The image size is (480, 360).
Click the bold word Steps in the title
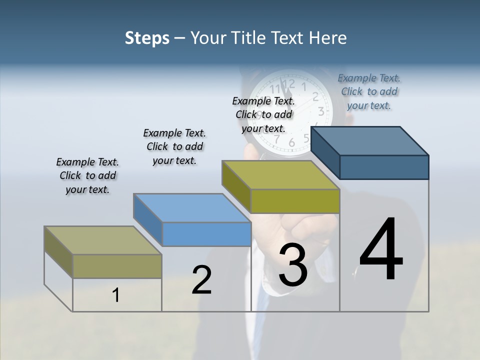(147, 38)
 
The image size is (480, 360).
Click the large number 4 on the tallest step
(381, 249)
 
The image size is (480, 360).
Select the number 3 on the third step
(293, 264)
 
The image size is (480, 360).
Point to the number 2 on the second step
(202, 280)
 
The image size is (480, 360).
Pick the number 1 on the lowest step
(116, 295)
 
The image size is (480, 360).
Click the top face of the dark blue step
(370, 141)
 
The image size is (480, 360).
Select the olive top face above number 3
(280, 175)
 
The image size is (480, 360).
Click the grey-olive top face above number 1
(103, 240)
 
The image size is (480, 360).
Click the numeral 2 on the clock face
(315, 97)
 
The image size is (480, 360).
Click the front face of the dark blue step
(384, 167)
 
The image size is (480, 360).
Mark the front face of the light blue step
(206, 234)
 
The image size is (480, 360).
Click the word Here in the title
(328, 38)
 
